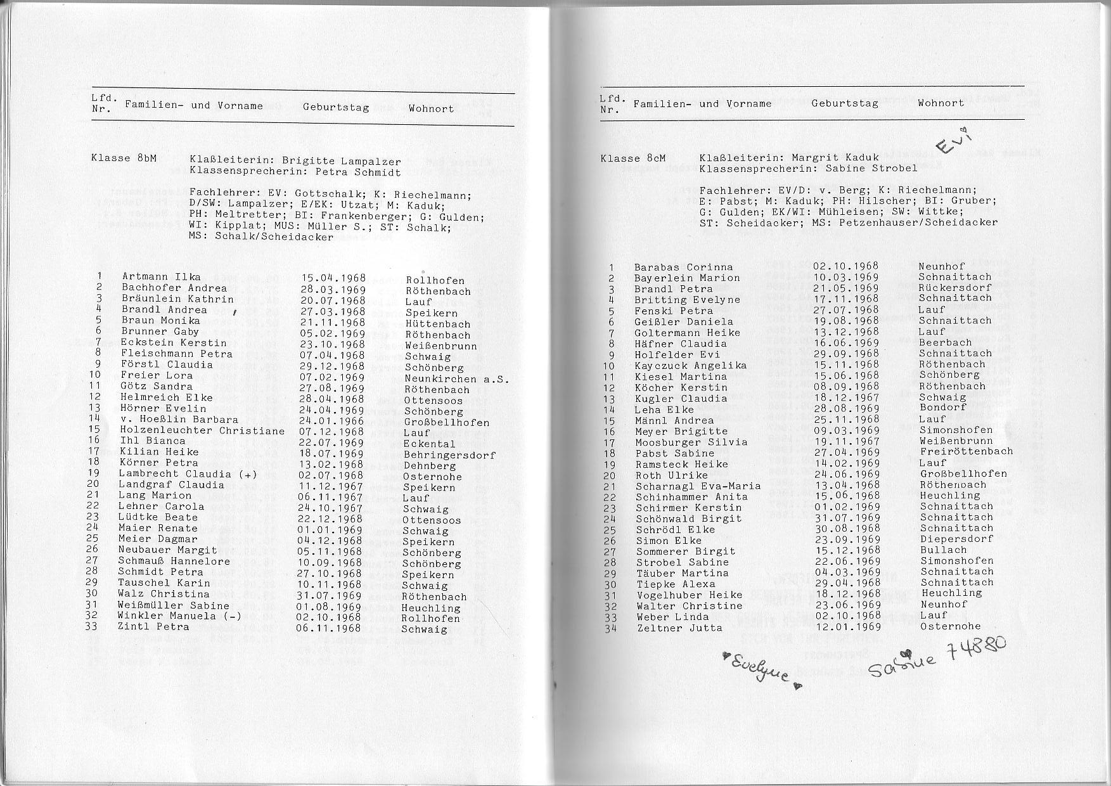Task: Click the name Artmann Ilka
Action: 161,276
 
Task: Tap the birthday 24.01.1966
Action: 333,420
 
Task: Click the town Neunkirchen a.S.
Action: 457,379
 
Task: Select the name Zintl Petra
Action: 153,626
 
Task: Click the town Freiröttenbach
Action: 966,451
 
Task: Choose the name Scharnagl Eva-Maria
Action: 698,486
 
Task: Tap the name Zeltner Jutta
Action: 679,628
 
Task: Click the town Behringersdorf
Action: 449,454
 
